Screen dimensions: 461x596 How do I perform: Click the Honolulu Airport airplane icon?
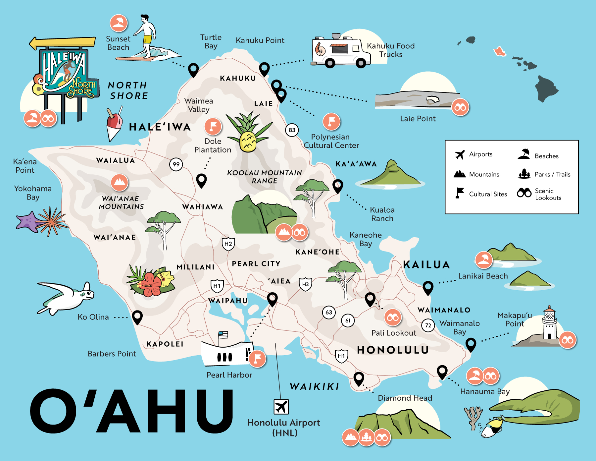coord(281,407)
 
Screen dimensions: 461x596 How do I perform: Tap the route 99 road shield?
coord(176,164)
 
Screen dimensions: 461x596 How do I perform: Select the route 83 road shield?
coord(292,130)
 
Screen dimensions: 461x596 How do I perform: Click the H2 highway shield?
coord(228,244)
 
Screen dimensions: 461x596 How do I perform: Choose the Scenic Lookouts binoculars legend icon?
coord(524,193)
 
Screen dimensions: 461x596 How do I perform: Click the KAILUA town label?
coord(426,264)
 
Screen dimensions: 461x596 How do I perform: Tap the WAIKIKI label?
coord(315,386)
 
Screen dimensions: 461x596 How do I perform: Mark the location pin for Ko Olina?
coord(137,317)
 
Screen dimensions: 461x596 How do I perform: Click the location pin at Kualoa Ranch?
coord(338,186)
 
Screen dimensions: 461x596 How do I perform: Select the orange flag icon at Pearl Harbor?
coord(257,359)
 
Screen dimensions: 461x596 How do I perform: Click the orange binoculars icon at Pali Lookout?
coord(393,317)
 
